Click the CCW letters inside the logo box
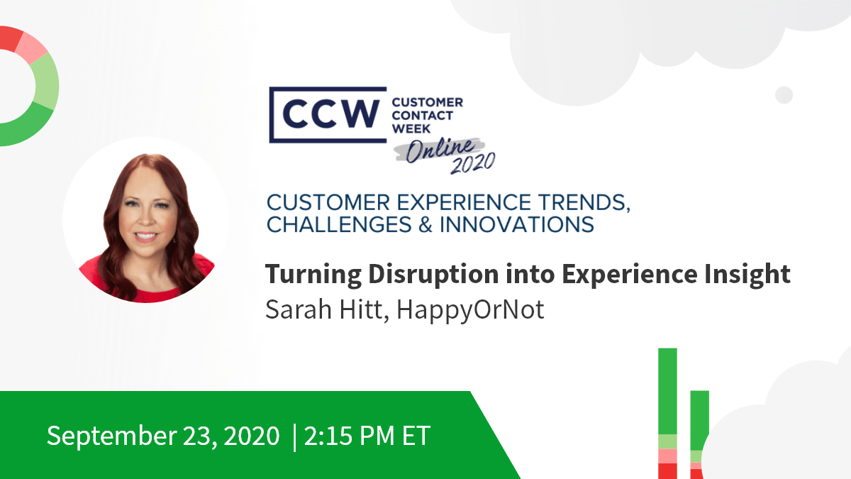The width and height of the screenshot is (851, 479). coord(330,114)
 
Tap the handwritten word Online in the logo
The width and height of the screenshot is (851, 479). coord(440,150)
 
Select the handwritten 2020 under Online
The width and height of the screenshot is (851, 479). coord(474,163)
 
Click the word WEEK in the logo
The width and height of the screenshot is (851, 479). coord(411,129)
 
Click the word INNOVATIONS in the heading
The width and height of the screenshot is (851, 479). coord(517,224)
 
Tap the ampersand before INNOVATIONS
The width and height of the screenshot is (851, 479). coord(425,224)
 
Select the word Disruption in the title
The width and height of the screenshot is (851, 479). coord(433,275)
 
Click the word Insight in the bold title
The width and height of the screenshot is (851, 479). coord(747,275)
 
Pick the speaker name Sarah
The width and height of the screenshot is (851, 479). coord(299,309)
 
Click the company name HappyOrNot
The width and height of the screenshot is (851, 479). coord(470,310)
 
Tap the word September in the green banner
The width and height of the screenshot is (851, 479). coord(112,436)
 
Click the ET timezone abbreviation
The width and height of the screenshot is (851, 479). coord(416,435)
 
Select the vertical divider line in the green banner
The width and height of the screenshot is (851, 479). coord(295,437)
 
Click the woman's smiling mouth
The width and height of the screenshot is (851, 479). coord(146,236)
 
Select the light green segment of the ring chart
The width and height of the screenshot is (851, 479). coord(45,82)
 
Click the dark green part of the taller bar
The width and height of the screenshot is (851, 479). coord(667,391)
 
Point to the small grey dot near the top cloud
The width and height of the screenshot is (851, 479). coord(784,94)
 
